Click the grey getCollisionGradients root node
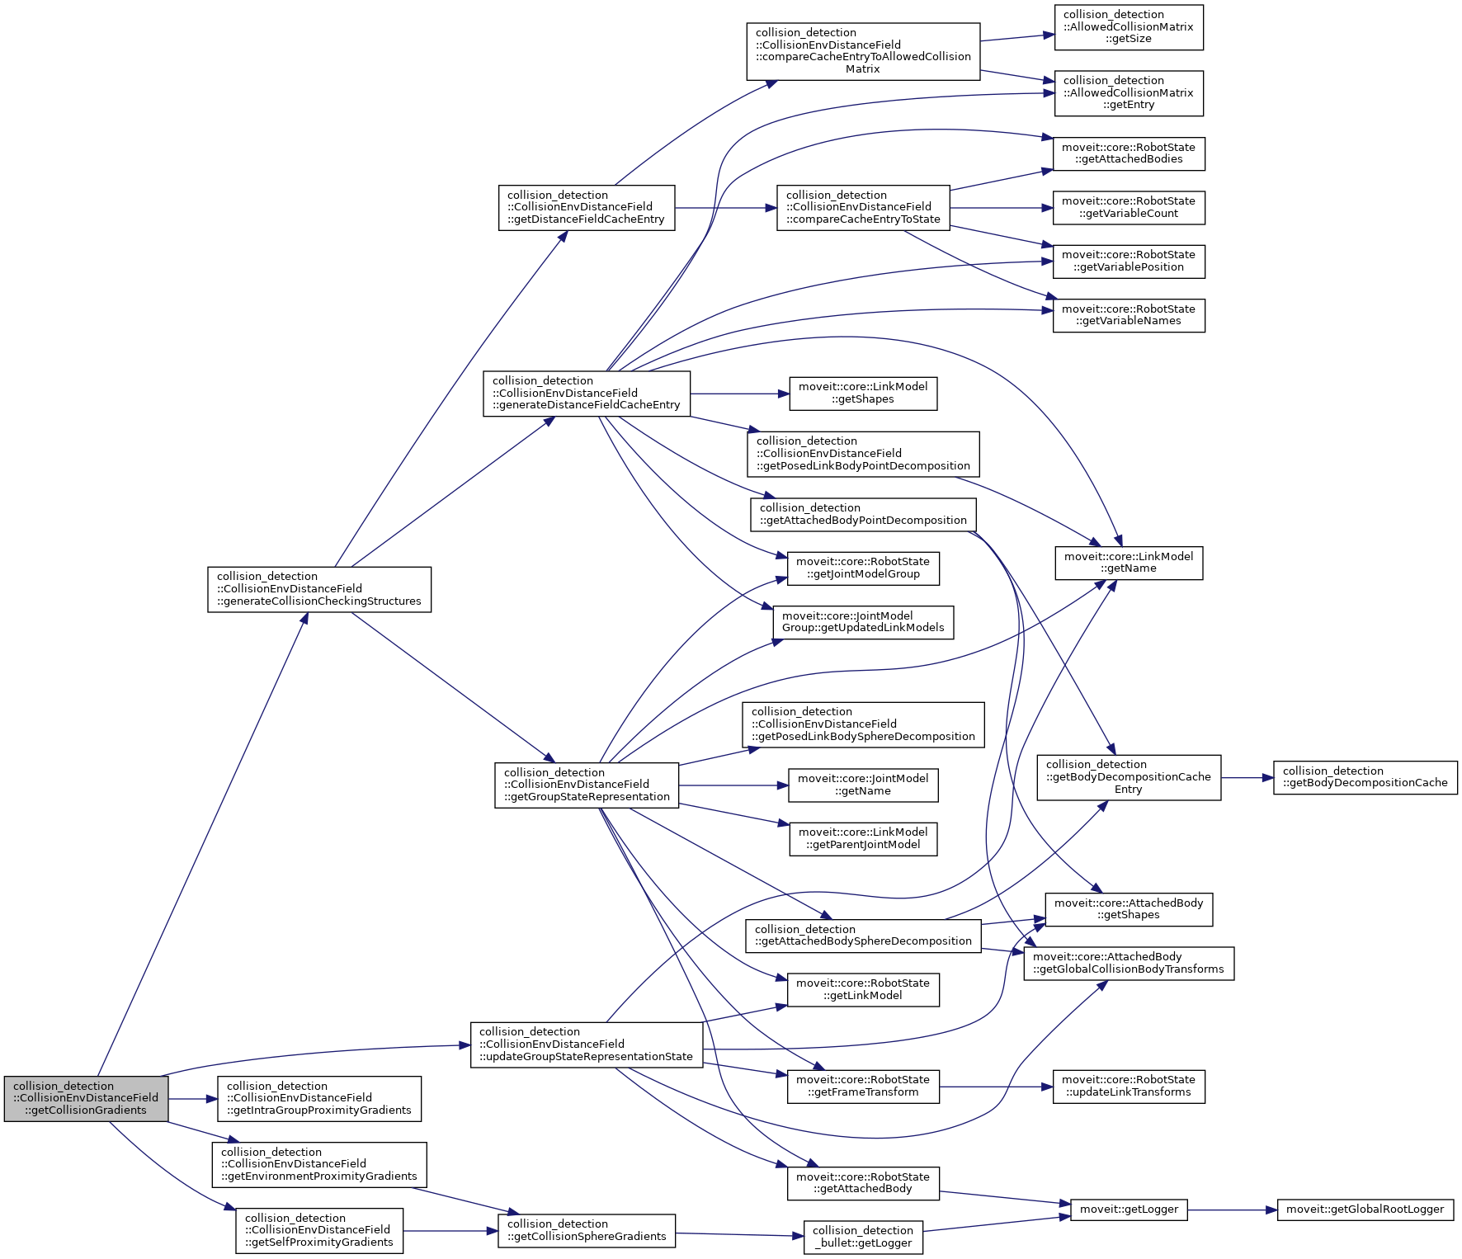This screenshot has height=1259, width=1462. (x=86, y=1098)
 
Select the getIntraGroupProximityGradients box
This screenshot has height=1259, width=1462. (x=319, y=1098)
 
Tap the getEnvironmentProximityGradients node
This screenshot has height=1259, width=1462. (x=319, y=1164)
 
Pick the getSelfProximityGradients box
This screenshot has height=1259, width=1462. (x=319, y=1230)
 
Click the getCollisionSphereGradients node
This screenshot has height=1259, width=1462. (x=587, y=1230)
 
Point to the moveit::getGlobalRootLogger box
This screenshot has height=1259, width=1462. (x=1365, y=1209)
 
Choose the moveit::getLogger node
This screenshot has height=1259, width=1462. (x=1129, y=1209)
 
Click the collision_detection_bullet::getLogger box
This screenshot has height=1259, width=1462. (x=863, y=1237)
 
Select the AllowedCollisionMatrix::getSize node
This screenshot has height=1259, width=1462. (x=1129, y=27)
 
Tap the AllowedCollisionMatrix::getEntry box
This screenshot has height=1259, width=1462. (x=1129, y=93)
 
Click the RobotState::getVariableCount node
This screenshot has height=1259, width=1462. (x=1129, y=208)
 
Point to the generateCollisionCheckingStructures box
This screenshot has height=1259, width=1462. (x=319, y=589)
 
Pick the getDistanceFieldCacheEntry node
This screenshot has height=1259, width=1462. (x=587, y=208)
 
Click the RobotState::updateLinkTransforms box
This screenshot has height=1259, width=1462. (x=1129, y=1087)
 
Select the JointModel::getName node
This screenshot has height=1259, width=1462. (x=863, y=785)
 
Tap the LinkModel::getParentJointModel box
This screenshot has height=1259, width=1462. (x=863, y=839)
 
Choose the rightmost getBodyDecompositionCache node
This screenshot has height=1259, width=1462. (x=1365, y=777)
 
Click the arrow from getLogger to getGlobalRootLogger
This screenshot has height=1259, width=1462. (x=1233, y=1209)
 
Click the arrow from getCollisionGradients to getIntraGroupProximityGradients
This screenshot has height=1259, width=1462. (x=192, y=1099)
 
